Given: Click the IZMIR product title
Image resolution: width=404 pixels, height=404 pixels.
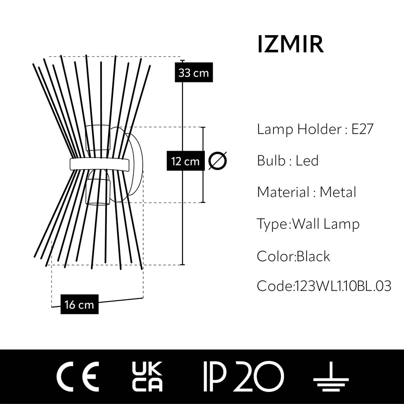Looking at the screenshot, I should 290,44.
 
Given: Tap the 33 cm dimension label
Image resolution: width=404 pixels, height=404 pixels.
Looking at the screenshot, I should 193,73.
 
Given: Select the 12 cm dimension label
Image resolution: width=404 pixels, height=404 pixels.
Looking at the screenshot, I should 185,161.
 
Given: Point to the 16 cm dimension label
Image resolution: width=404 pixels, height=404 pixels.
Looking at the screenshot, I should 79,305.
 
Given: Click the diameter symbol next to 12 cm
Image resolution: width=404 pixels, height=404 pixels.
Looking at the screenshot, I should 217,161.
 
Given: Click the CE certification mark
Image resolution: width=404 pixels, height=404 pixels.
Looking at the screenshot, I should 77,376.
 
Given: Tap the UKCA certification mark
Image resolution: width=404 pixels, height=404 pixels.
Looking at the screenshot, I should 146,376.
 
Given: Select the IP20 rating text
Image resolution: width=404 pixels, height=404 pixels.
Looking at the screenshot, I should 243,376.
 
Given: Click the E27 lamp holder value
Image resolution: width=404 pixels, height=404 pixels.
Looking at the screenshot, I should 362,129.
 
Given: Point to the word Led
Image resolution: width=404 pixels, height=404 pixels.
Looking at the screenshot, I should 307,161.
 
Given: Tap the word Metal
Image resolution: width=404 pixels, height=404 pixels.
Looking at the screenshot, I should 338,193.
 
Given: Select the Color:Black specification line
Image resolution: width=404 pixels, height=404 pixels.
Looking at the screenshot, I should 294,256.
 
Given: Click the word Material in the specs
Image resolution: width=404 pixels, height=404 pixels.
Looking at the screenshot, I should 283,193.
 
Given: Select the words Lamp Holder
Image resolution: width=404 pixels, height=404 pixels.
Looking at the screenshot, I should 298,129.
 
